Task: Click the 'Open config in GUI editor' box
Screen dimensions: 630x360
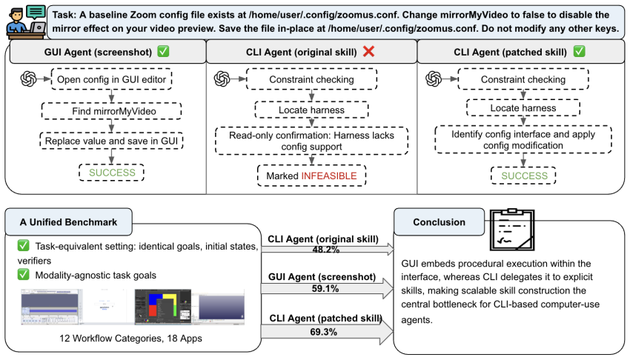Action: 112,79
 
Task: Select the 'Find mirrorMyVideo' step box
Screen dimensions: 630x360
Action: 112,111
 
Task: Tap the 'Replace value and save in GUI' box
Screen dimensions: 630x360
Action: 112,141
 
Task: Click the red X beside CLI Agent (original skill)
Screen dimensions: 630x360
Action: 368,51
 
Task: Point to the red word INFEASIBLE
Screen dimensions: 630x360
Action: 329,176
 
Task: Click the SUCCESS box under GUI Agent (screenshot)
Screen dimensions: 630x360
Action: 112,173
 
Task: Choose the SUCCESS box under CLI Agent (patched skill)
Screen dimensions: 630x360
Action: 523,176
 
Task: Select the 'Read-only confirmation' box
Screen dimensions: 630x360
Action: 312,141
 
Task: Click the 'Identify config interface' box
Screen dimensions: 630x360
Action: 523,140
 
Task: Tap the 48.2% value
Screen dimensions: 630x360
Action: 326,250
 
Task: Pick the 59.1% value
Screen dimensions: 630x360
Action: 325,289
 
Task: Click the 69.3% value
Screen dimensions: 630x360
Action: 323,332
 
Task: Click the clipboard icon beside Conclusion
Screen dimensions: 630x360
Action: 512,230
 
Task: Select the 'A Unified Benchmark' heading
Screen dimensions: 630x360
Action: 68,222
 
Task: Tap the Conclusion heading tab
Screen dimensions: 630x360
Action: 440,222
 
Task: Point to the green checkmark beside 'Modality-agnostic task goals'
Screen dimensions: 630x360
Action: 23,275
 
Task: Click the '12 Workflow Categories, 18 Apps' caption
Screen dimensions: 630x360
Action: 130,339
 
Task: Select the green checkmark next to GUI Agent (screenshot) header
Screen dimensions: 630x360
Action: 163,51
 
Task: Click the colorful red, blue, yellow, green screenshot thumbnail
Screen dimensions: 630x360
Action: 163,307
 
